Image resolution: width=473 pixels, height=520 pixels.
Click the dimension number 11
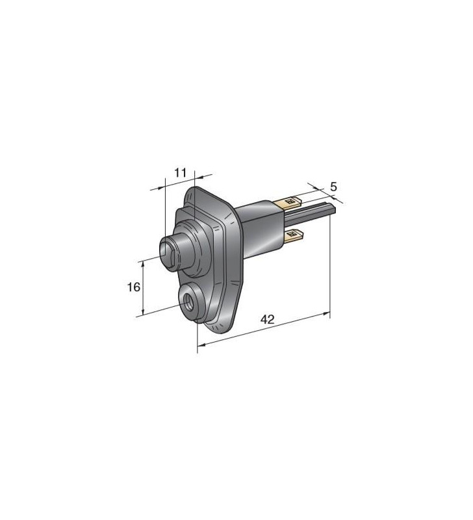[181, 172]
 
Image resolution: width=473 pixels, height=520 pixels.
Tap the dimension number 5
[333, 187]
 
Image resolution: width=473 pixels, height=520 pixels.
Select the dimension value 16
[133, 287]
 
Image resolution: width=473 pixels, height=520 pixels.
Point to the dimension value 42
[267, 319]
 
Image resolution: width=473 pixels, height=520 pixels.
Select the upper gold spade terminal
[290, 202]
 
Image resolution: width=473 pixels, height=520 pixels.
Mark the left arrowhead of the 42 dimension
[199, 345]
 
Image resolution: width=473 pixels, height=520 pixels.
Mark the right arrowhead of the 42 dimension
[327, 315]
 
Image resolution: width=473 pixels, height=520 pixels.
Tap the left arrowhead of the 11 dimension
[162, 187]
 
